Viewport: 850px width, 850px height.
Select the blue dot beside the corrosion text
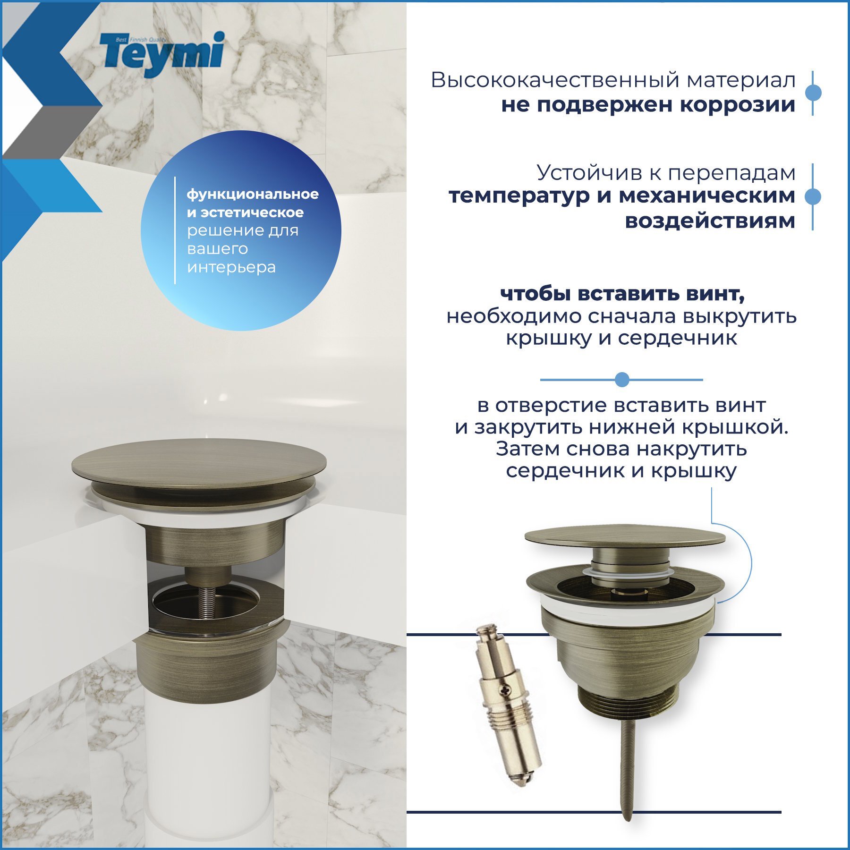813,93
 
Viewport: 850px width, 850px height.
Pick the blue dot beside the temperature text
812,196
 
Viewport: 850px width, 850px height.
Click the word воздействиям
710,221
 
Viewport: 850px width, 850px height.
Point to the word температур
519,195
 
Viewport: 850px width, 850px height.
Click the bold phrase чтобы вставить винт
622,294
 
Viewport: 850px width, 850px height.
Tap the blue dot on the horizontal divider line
622,379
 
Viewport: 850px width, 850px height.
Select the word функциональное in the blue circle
253,194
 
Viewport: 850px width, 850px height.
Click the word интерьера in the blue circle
231,267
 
